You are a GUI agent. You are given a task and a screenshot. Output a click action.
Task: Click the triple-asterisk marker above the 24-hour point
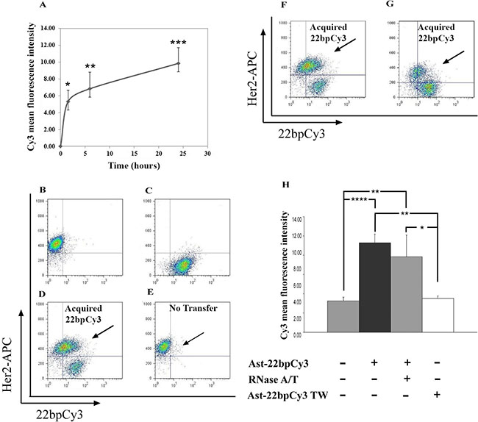click(x=179, y=44)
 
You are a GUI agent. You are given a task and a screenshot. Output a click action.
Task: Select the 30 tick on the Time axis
click(x=208, y=154)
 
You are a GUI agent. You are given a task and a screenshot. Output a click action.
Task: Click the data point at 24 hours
click(x=179, y=63)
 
